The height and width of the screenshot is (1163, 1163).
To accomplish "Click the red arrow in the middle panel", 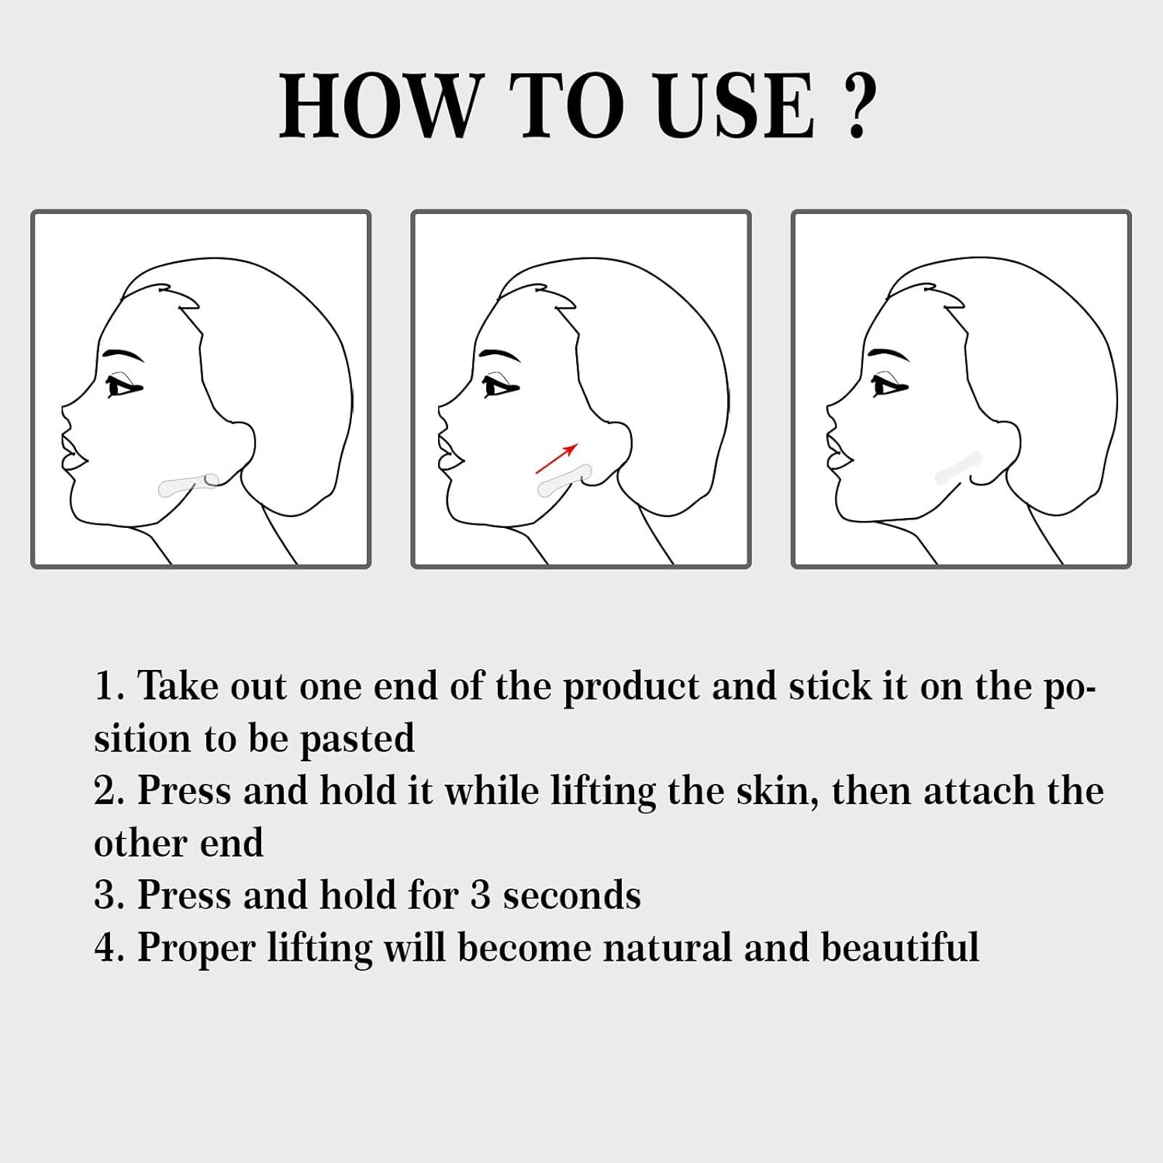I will point(557,457).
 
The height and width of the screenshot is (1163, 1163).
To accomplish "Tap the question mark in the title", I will point(858,107).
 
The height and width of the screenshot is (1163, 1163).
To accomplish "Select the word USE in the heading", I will point(733,105).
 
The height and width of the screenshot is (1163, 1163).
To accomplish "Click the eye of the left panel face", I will point(123,386).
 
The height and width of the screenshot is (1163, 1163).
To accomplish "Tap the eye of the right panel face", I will point(887,385).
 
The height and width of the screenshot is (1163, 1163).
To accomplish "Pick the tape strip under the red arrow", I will point(564,479).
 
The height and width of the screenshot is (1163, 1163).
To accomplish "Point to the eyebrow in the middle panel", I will point(499,356).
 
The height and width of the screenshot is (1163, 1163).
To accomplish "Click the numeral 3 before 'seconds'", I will point(481,896).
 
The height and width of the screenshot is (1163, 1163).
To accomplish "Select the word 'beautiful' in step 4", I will point(899,947).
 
